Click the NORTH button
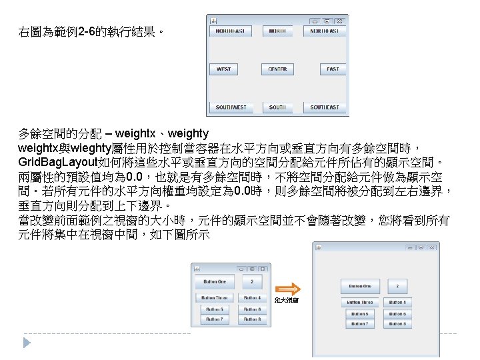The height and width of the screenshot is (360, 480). tap(277, 31)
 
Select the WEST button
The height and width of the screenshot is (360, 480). tap(223, 69)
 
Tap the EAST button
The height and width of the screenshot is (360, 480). tap(333, 69)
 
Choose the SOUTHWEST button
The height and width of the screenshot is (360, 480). tap(231, 107)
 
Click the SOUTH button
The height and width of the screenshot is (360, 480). tap(277, 107)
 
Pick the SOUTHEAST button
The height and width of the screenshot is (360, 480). tap(325, 107)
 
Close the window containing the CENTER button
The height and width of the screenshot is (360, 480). tap(339, 20)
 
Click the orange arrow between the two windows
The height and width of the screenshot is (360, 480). tap(288, 289)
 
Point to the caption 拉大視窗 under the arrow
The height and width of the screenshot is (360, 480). tap(287, 300)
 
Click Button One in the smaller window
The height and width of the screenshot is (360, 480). tap(219, 281)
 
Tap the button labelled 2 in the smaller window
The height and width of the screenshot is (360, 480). tap(252, 281)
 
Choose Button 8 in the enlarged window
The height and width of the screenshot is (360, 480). tap(397, 324)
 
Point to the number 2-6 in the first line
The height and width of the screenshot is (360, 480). tap(88, 31)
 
